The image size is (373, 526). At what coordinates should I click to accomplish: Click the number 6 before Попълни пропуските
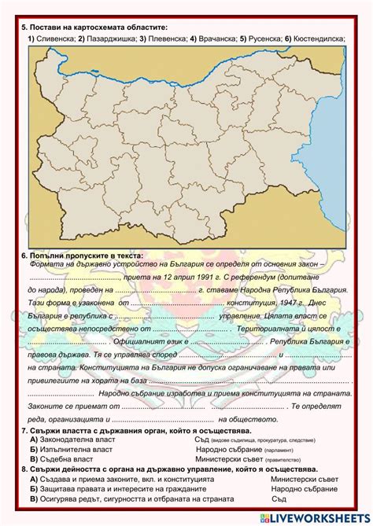coord(24,256)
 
